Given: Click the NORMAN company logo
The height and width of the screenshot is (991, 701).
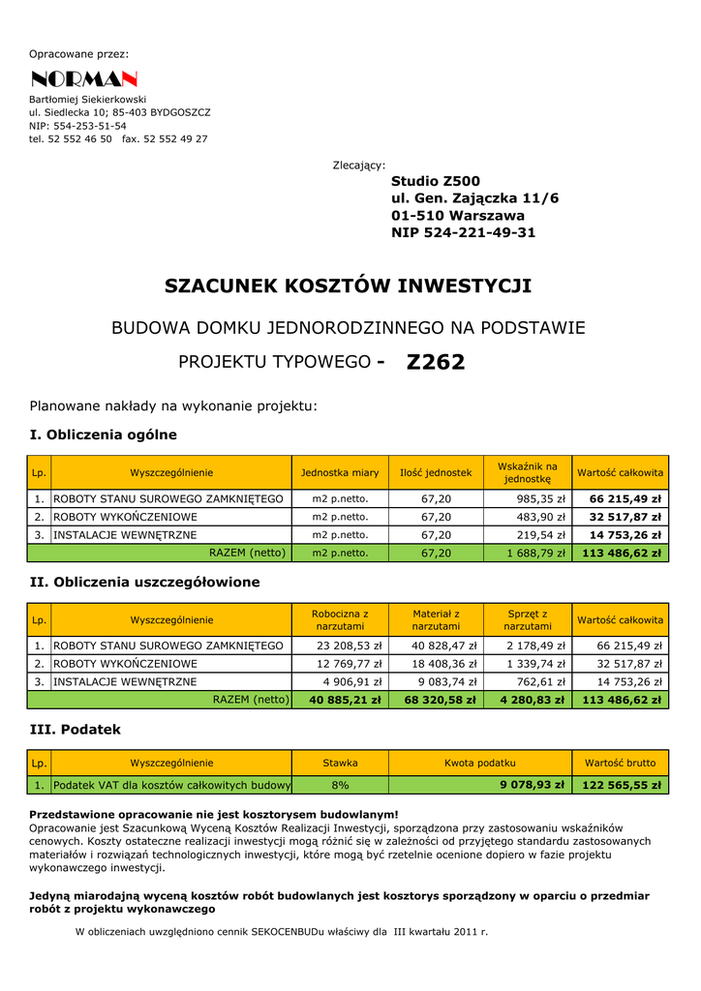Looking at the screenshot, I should coord(83,79).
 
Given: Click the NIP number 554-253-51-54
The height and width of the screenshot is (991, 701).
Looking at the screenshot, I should coord(77,126).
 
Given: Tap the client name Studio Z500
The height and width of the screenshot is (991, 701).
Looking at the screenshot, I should coord(436,182).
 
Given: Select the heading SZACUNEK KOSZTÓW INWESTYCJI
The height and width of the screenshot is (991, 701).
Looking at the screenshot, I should coord(349,286).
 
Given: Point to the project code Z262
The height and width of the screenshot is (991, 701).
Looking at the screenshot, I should coord(436,363).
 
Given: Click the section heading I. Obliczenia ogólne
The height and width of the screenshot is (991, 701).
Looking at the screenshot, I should coord(104,435).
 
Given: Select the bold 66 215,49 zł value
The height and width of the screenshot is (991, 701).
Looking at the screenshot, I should coord(625,499).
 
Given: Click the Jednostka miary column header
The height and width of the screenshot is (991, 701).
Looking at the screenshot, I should coord(340,473).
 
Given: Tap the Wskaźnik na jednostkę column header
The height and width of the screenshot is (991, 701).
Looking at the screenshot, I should coord(528,473).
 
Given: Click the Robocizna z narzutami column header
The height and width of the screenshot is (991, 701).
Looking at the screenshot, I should coord(340,620).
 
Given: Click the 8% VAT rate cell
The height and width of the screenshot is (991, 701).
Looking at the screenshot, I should coord(340,786).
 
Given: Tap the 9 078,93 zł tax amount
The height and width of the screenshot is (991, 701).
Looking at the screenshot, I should coord(532,786).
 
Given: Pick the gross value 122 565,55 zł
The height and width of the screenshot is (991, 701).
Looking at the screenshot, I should coord(621,786).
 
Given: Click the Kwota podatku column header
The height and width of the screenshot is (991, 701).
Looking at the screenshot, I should coord(480,764).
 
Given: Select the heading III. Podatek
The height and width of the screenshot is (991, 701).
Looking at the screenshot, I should coord(76,730).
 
